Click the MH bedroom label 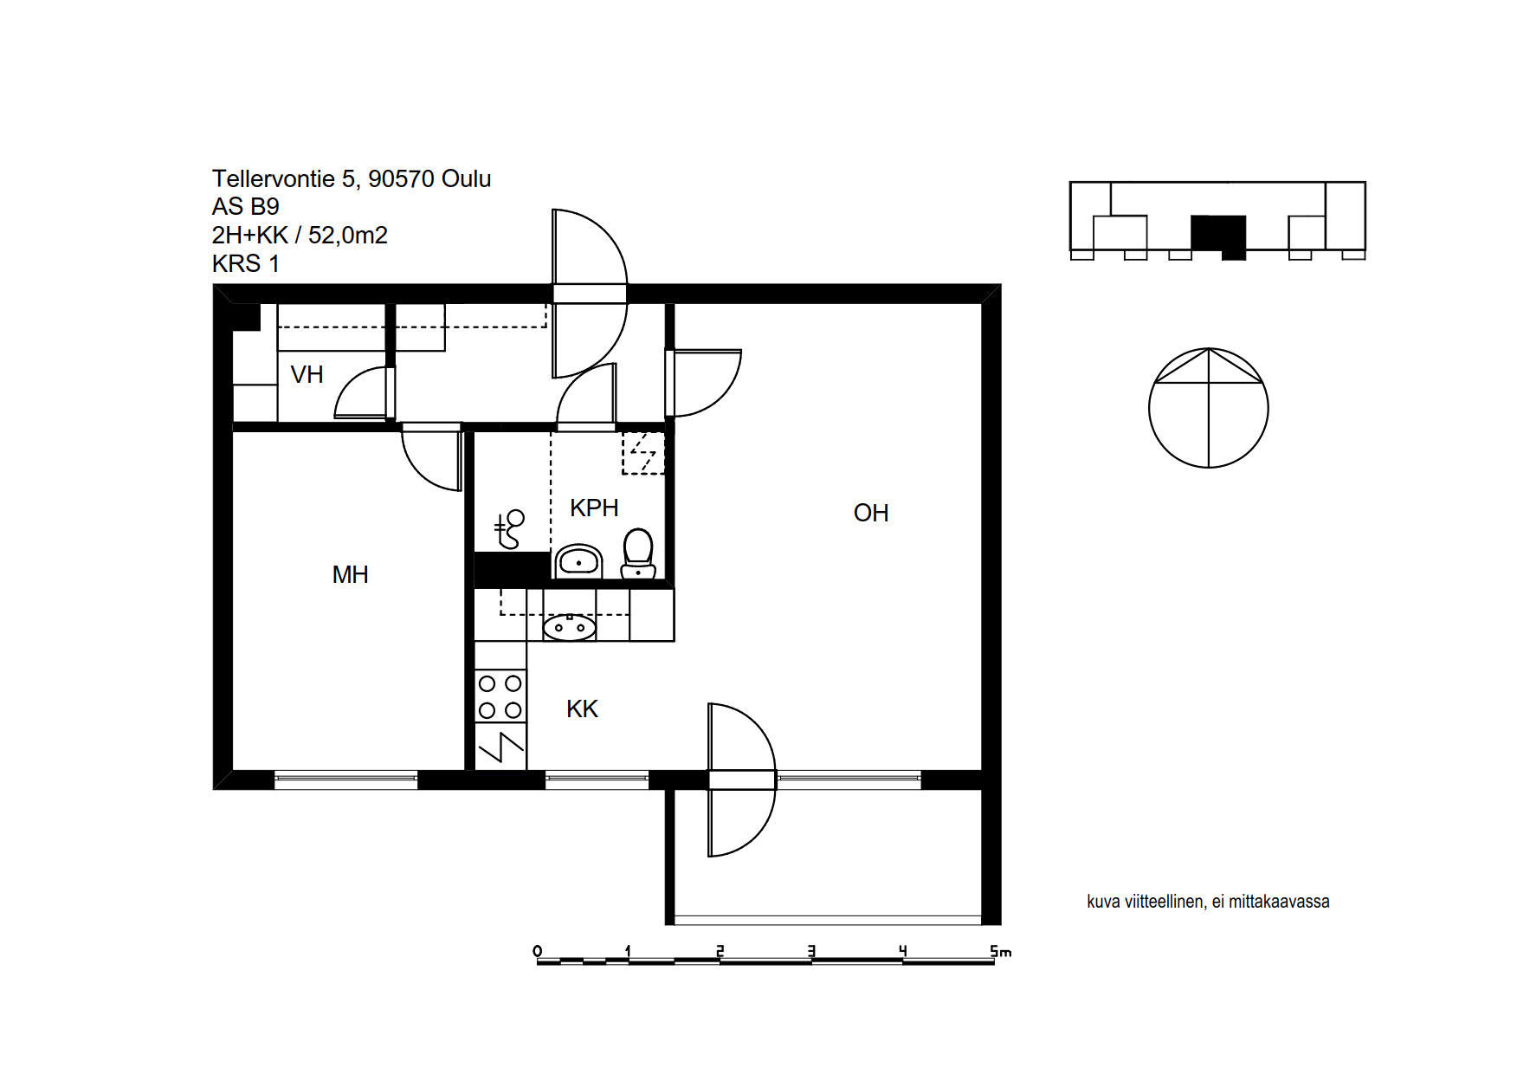coord(350,574)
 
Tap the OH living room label coord(871,513)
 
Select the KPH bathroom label coord(594,508)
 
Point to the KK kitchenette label coord(582,708)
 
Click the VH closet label coord(307,374)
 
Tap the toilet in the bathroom coord(638,553)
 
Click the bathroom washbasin coord(578,562)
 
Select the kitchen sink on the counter coord(569,626)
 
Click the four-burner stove coord(500,696)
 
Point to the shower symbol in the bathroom coord(509,529)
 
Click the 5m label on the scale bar coord(1001,951)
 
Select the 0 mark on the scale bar coord(538,951)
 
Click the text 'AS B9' coord(246,207)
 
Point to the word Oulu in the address coord(466,178)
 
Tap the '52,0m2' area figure coord(348,235)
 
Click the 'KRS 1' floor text coord(246,263)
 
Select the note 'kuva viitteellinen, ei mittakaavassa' coord(1208,902)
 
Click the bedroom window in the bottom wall coord(346,780)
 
